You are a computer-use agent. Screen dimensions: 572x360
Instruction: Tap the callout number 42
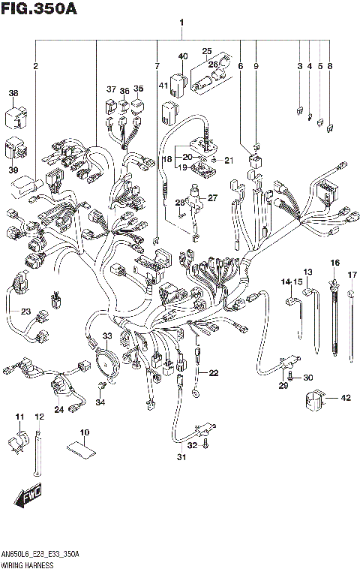(x=346, y=399)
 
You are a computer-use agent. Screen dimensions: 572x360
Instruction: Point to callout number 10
(x=84, y=432)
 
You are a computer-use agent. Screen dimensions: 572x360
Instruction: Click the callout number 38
(x=13, y=94)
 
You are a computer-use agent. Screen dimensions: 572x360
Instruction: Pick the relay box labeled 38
(x=18, y=117)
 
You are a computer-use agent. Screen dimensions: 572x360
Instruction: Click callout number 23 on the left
(x=25, y=312)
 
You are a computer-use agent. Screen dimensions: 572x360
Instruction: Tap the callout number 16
(x=334, y=262)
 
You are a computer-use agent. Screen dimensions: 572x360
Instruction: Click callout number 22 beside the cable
(x=214, y=373)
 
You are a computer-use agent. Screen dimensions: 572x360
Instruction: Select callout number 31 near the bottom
(x=180, y=458)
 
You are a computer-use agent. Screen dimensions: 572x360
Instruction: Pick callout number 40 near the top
(x=183, y=56)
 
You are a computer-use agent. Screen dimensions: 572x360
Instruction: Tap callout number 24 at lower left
(x=58, y=408)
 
